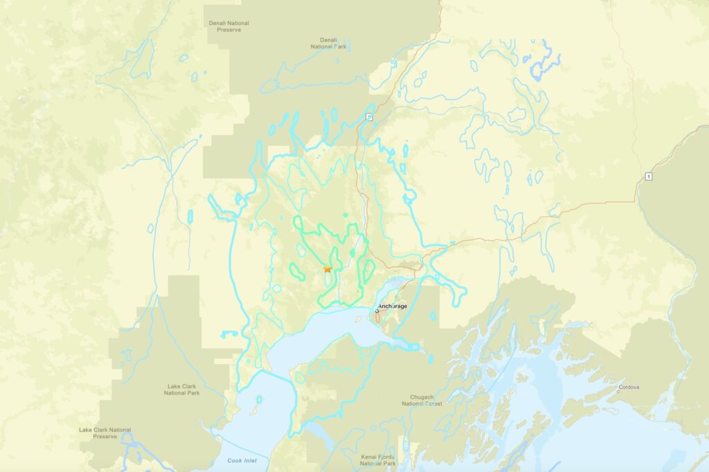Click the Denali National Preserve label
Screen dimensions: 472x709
click(228, 26)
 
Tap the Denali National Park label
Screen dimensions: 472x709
click(327, 44)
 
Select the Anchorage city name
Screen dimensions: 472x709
click(393, 306)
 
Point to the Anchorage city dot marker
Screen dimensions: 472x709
click(377, 311)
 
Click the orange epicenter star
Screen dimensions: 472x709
click(327, 269)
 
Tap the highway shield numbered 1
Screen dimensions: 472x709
click(648, 176)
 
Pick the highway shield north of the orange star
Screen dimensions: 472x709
click(369, 117)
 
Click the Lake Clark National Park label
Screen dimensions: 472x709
click(183, 389)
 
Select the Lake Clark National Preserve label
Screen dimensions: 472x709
click(105, 433)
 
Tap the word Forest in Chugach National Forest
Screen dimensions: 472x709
click(433, 403)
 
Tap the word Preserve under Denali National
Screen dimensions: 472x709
click(228, 30)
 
